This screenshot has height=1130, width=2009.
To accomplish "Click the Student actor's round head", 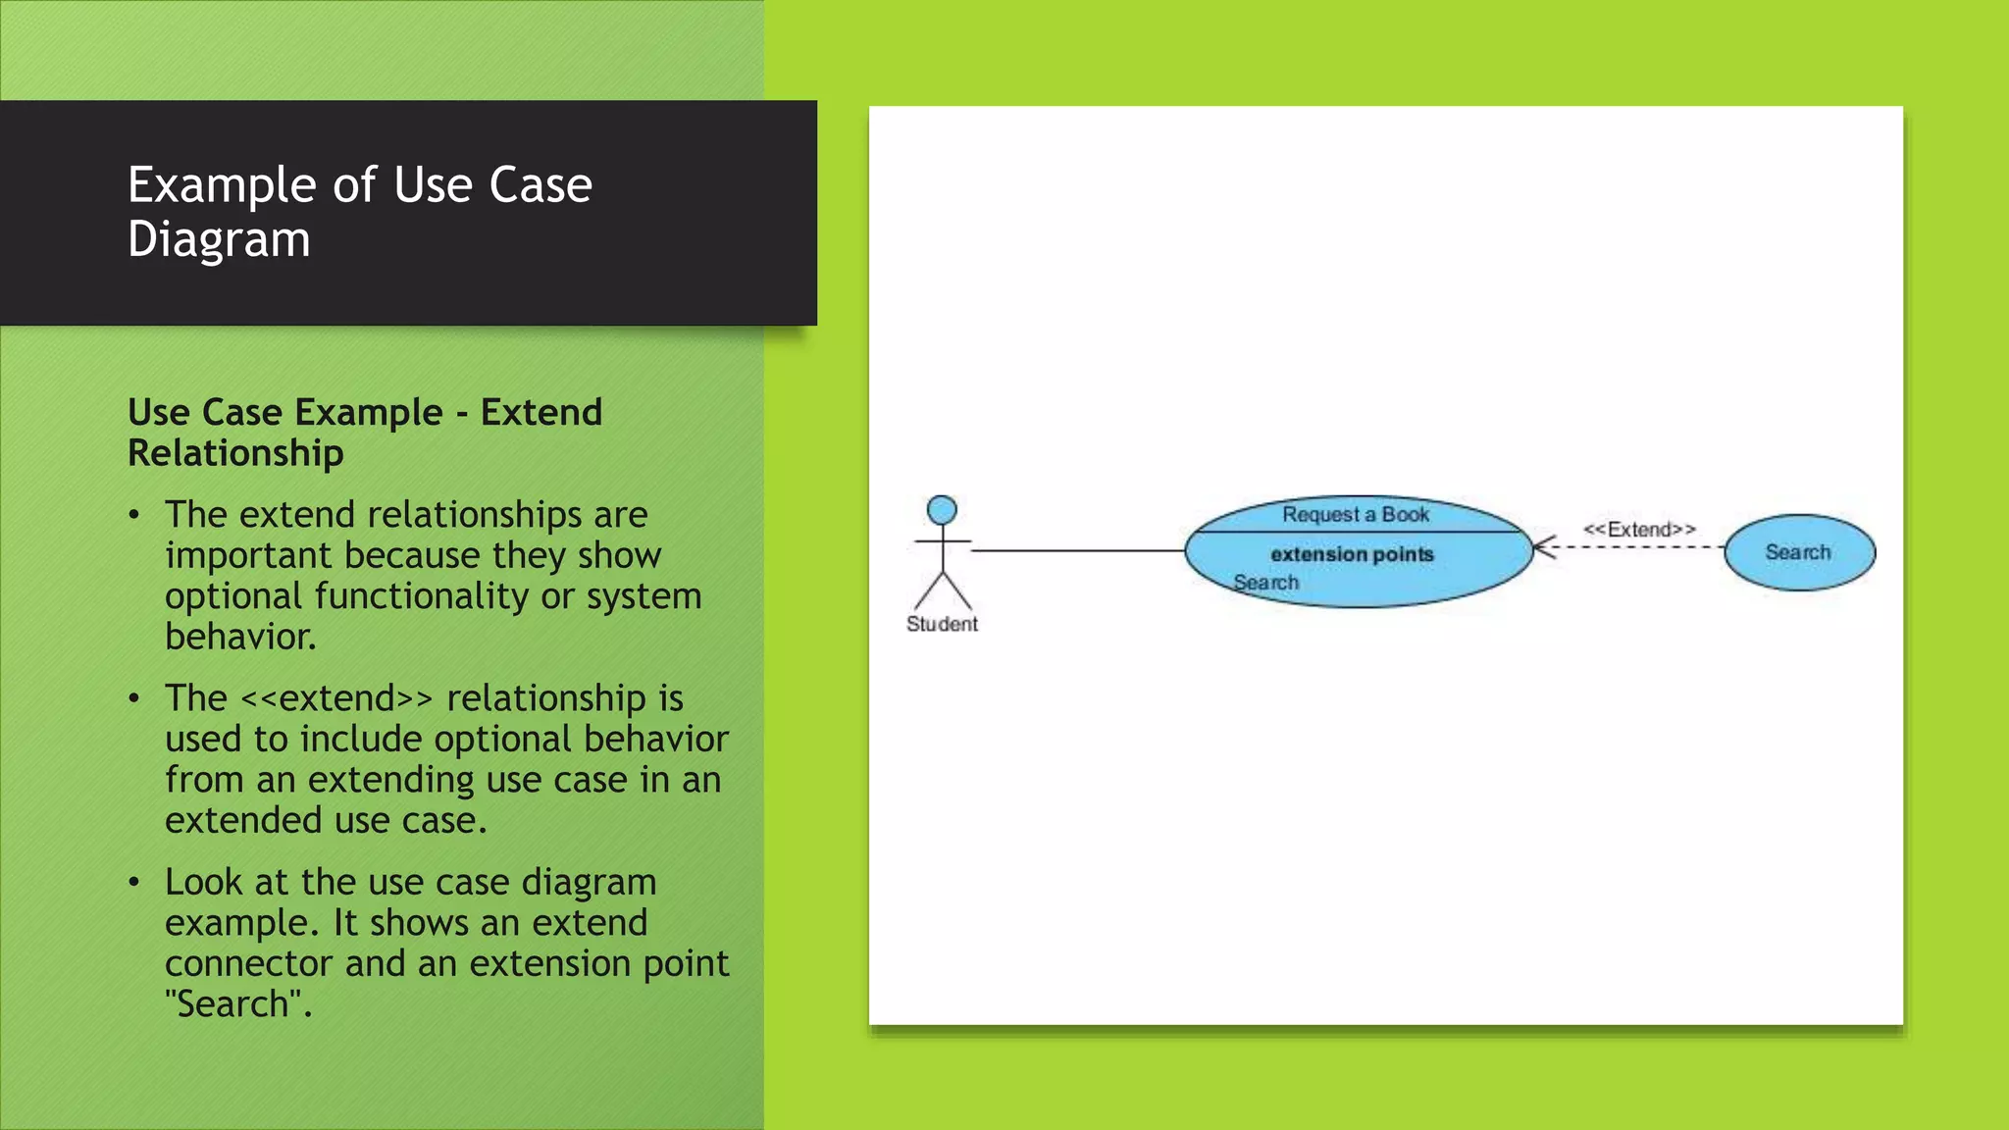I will click(x=942, y=510).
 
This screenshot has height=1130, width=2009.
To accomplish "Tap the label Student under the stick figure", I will click(x=942, y=624).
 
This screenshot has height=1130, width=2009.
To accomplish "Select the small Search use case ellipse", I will click(x=1799, y=552).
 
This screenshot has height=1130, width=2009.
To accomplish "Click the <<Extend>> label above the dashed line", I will click(x=1639, y=530).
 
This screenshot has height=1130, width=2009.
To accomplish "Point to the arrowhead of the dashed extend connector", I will click(x=1540, y=547).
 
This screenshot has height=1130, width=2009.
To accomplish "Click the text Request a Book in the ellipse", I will click(x=1356, y=514).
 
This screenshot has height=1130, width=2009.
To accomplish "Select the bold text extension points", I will click(x=1352, y=554).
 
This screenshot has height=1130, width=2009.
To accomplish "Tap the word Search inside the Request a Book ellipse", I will click(x=1265, y=583).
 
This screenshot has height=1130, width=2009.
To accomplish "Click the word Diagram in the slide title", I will click(x=219, y=239).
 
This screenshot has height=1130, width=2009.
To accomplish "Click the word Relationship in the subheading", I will click(x=235, y=453).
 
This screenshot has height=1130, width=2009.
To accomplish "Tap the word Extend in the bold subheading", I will click(x=541, y=412).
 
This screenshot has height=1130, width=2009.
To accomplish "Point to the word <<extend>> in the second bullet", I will click(x=336, y=698).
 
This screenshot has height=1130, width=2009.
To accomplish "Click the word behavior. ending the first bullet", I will click(x=240, y=638).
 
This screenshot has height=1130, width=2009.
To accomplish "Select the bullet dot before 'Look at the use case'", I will click(x=134, y=883).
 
